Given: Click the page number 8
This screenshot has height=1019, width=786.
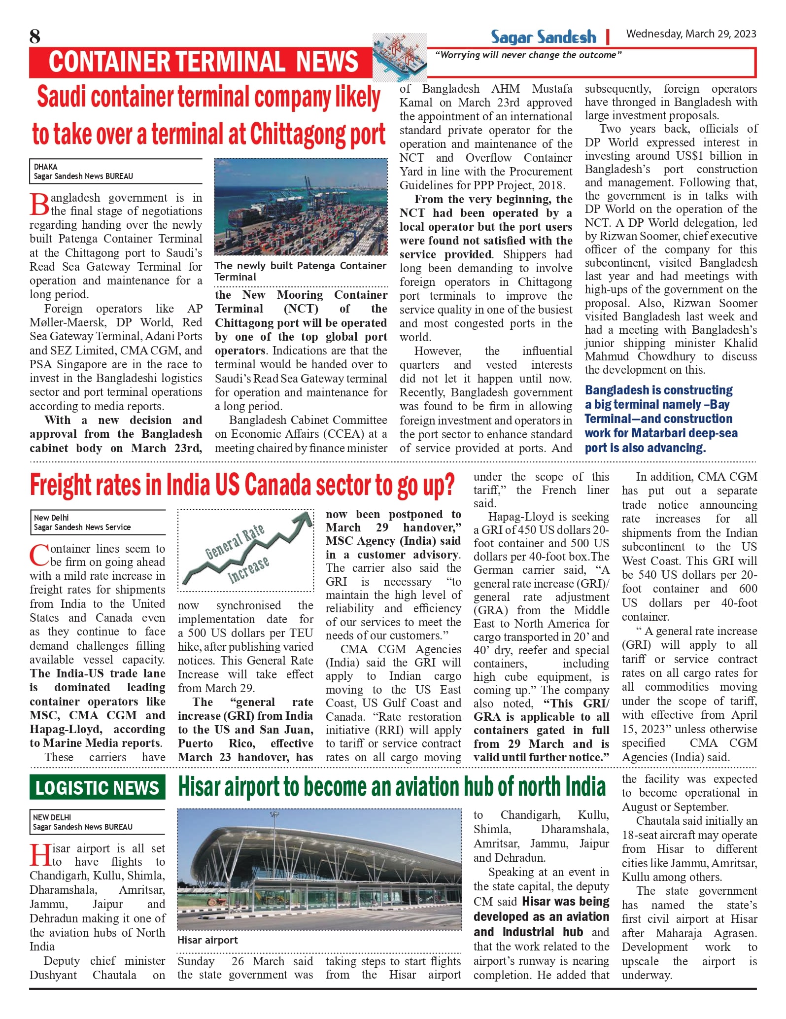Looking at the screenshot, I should click(35, 36).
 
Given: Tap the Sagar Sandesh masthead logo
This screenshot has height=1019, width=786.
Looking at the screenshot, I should click(543, 37).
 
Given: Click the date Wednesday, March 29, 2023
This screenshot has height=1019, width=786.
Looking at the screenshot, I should click(691, 34).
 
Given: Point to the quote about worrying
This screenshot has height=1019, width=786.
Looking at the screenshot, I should click(528, 55).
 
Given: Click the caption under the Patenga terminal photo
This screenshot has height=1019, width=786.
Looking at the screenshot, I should click(301, 271).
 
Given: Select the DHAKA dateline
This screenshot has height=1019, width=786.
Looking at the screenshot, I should click(46, 167).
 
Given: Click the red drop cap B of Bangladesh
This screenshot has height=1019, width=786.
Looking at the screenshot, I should click(39, 205).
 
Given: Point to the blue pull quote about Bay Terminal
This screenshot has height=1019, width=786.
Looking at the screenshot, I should click(660, 419).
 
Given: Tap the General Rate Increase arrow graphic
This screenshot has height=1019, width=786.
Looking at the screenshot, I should click(245, 550).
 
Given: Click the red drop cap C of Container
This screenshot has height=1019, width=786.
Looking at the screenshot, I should click(39, 556).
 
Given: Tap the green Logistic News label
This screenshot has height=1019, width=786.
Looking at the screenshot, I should click(97, 787).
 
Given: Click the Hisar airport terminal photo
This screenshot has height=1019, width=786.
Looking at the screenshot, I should click(319, 870).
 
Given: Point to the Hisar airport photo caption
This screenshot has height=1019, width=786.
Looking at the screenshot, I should click(207, 940).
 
